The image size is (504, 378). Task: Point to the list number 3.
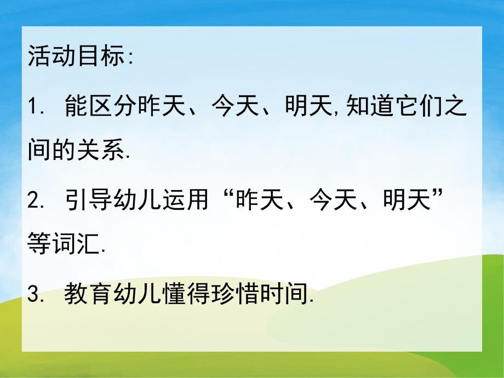click(x=35, y=296)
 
